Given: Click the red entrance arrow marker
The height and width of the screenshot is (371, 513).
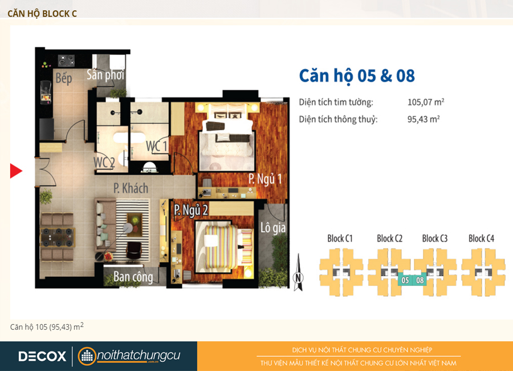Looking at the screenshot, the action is pyautogui.click(x=16, y=171).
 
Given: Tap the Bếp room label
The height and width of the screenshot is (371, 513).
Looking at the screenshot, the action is pyautogui.click(x=63, y=78).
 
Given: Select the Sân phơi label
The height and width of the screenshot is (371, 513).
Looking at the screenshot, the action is pyautogui.click(x=105, y=75).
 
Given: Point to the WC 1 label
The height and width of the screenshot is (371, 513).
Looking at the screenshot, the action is pyautogui.click(x=156, y=146).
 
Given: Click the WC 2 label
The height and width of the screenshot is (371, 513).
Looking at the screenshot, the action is pyautogui.click(x=104, y=162).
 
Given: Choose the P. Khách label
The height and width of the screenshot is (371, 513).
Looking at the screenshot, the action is pyautogui.click(x=131, y=188).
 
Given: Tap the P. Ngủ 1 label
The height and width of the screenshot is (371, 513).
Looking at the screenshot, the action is pyautogui.click(x=265, y=179).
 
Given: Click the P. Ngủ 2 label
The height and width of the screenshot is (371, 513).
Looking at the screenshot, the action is pyautogui.click(x=191, y=210).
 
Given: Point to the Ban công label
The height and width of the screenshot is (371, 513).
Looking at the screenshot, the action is pyautogui.click(x=133, y=277).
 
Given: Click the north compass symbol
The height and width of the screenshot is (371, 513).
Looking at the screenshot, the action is pyautogui.click(x=298, y=273).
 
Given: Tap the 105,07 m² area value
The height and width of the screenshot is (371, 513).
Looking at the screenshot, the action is pyautogui.click(x=426, y=102).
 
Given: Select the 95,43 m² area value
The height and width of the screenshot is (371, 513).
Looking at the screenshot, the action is pyautogui.click(x=424, y=119).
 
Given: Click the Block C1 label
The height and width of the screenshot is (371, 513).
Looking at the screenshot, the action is pyautogui.click(x=340, y=238).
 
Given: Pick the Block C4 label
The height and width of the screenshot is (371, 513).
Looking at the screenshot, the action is pyautogui.click(x=481, y=238).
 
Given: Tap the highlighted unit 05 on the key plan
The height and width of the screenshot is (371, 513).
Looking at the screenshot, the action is pyautogui.click(x=405, y=280).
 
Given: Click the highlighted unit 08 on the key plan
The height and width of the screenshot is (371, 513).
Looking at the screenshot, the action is pyautogui.click(x=420, y=280).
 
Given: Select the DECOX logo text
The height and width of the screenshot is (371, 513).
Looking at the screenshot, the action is pyautogui.click(x=42, y=356).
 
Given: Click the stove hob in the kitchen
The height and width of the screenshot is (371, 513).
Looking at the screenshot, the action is pyautogui.click(x=67, y=61).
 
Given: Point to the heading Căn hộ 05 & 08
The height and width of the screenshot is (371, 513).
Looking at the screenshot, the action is pyautogui.click(x=357, y=76).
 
